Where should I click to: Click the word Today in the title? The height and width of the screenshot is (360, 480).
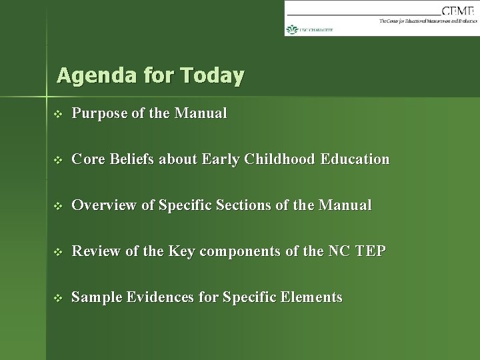212,76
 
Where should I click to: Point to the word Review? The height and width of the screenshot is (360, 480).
93,251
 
